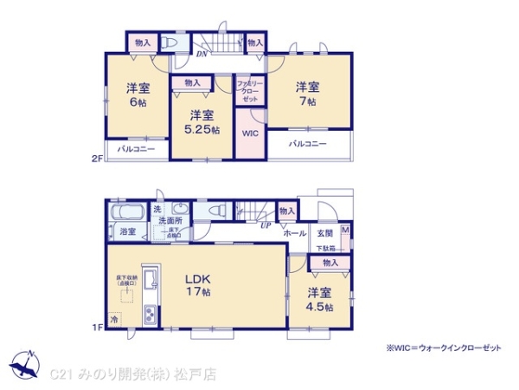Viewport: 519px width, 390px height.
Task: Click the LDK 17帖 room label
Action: pyautogui.click(x=196, y=285)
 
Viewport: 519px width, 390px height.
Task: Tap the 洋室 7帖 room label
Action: pyautogui.click(x=307, y=94)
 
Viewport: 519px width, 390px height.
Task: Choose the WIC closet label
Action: pyautogui.click(x=250, y=134)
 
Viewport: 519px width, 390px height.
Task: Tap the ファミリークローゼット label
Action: pyautogui.click(x=249, y=89)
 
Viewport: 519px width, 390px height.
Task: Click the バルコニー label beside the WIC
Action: pyautogui.click(x=308, y=144)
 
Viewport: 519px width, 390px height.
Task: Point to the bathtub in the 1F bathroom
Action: pyautogui.click(x=127, y=212)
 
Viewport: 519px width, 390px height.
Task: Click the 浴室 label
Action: pyautogui.click(x=127, y=231)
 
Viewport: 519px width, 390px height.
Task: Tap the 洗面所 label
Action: pyautogui.click(x=170, y=222)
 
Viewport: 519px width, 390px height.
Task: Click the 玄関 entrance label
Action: pyautogui.click(x=324, y=233)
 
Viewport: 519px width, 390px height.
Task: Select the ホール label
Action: pyautogui.click(x=295, y=233)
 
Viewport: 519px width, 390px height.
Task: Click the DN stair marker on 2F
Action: pyautogui.click(x=201, y=55)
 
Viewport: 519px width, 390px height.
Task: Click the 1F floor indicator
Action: pyautogui.click(x=99, y=327)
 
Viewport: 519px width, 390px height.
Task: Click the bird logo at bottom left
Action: pyautogui.click(x=25, y=360)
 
